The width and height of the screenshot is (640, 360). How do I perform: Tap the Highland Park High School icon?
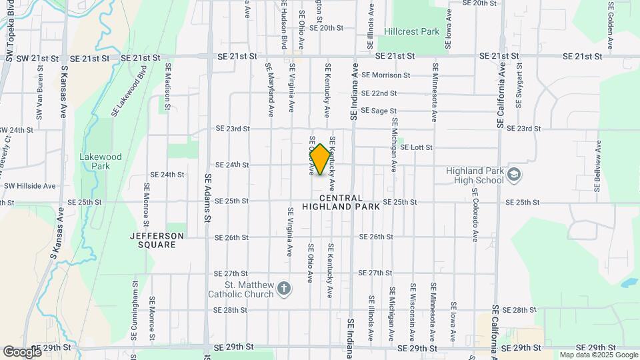[x=514, y=175]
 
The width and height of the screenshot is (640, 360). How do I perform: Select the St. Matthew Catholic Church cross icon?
[x=284, y=289]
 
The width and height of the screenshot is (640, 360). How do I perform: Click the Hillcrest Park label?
[x=411, y=31]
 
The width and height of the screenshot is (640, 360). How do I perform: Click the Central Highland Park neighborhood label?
[x=341, y=203]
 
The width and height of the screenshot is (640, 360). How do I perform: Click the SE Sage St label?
[x=379, y=111]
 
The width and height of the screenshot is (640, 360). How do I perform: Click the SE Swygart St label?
[x=519, y=89]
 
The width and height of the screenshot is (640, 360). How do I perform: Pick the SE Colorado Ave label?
[x=475, y=214]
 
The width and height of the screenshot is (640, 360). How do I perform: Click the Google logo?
[x=21, y=351]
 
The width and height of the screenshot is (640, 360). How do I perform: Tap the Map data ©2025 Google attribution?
[x=598, y=355]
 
